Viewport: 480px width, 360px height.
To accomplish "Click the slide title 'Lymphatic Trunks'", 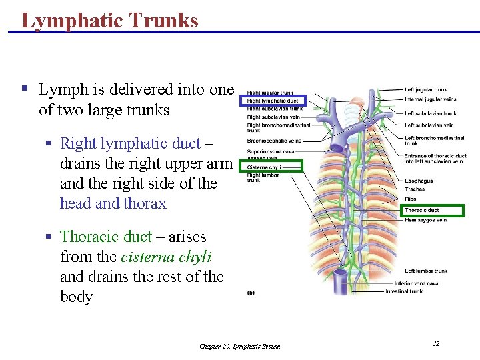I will [110, 20].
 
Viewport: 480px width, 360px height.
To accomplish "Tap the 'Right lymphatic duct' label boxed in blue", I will [273, 101].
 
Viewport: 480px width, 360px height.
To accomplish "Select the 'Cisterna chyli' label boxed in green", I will [265, 167].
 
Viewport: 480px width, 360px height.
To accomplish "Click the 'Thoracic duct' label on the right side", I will [423, 211].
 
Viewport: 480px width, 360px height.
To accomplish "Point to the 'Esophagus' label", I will [419, 181].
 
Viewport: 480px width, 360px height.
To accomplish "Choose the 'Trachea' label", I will [415, 189].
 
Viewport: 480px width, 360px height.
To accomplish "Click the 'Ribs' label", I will [411, 198].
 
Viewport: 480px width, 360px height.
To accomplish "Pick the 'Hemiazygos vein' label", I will [425, 220].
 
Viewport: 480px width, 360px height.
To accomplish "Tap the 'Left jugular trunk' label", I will [425, 90].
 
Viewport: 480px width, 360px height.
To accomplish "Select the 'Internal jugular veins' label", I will [431, 99].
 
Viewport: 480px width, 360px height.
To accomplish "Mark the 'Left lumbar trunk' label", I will [426, 271].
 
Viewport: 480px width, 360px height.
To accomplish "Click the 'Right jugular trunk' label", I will [270, 93].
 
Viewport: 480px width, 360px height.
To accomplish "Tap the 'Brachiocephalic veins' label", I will [274, 141].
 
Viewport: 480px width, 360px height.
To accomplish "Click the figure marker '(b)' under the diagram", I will [251, 292].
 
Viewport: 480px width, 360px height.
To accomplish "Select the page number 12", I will [436, 343].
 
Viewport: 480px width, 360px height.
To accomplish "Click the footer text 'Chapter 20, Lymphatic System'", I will [240, 346].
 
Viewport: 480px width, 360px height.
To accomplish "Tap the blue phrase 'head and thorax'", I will [113, 203].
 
